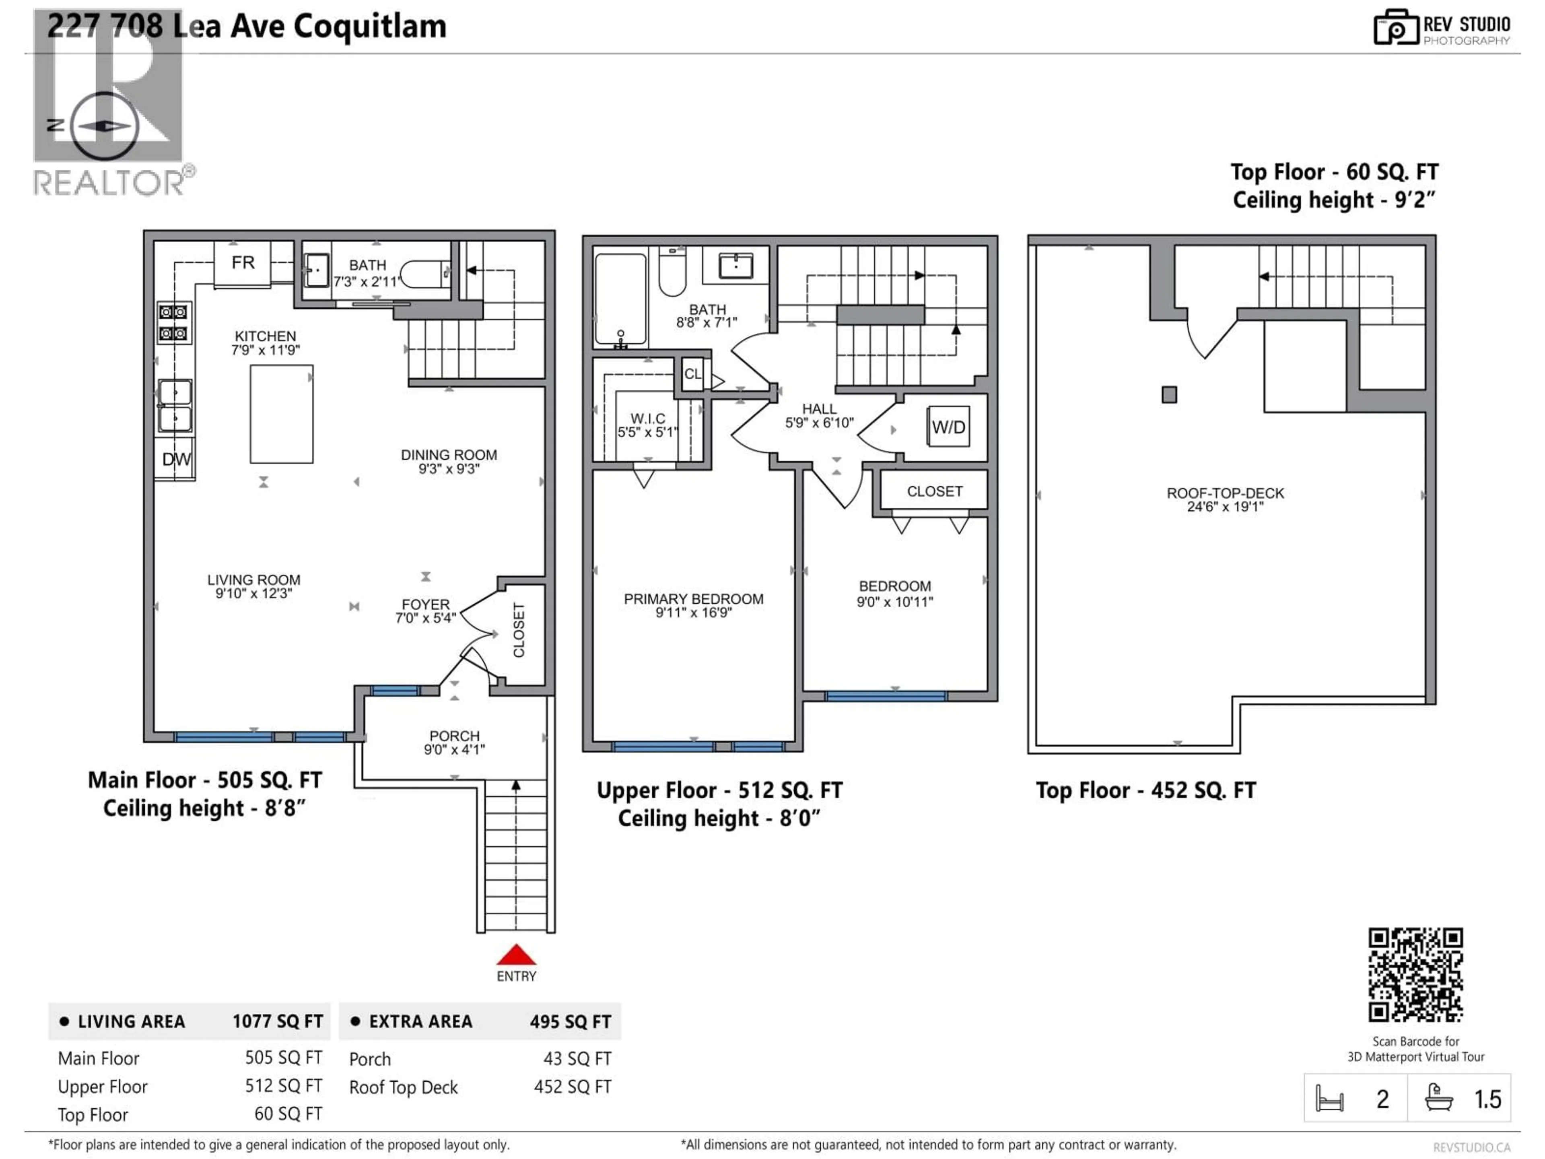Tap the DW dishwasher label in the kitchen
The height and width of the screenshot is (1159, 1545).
pyautogui.click(x=176, y=459)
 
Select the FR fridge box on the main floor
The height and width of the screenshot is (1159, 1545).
pyautogui.click(x=242, y=263)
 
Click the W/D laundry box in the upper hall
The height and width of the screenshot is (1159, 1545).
pyautogui.click(x=948, y=427)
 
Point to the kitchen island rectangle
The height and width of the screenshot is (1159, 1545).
pyautogui.click(x=282, y=414)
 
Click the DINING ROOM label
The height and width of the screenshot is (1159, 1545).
pyautogui.click(x=449, y=455)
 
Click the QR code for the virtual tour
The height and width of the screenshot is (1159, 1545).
pyautogui.click(x=1415, y=975)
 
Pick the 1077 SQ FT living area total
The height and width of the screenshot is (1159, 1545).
pyautogui.click(x=277, y=1021)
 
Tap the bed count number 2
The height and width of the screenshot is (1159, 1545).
pyautogui.click(x=1382, y=1099)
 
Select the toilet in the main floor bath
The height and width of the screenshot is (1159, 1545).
pyautogui.click(x=423, y=274)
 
